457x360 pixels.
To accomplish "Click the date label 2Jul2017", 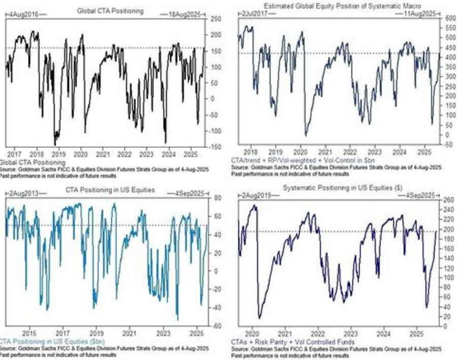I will pos(251,11).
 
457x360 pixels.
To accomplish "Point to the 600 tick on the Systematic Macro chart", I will pos(449,18).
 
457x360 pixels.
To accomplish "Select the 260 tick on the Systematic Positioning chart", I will pos(449,200).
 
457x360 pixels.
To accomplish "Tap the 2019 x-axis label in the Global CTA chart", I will pos(59,153).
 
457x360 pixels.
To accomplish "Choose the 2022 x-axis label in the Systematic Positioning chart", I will pos(317,335).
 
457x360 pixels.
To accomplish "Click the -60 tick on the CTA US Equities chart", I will pos(216,325).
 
